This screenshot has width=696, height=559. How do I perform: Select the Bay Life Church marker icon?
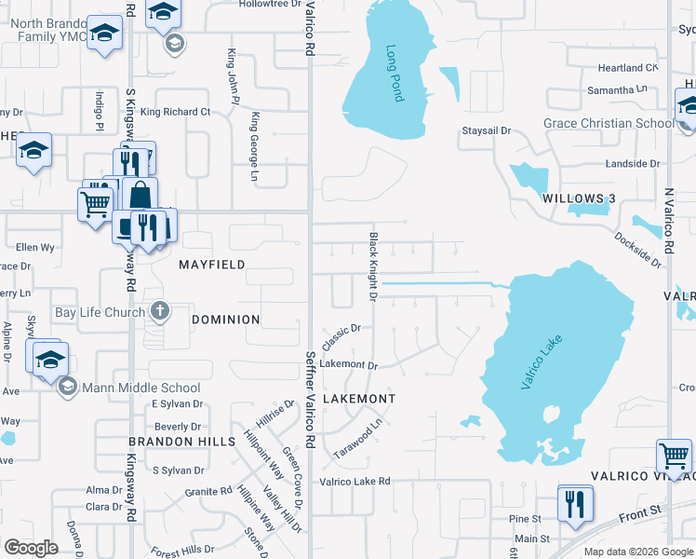coord(160,311)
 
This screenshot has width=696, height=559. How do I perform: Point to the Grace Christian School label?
coord(609,123)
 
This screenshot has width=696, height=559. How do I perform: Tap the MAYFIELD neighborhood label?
coord(212,265)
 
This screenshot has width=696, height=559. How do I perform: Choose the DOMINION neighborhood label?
coord(225,320)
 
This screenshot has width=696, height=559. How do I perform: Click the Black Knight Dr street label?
coord(372,266)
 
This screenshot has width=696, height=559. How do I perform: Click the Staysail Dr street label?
coord(487,131)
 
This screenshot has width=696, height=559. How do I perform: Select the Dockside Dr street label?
coord(637,250)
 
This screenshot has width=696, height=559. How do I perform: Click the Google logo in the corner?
coord(31,548)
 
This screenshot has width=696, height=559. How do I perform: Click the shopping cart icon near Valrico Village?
coord(674,457)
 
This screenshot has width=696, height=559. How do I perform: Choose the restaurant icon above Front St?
coord(575,503)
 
